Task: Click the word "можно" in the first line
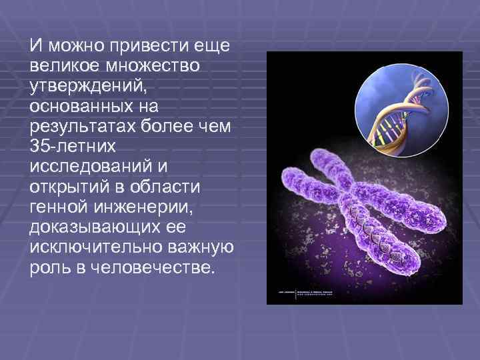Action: pyautogui.click(x=69, y=47)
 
